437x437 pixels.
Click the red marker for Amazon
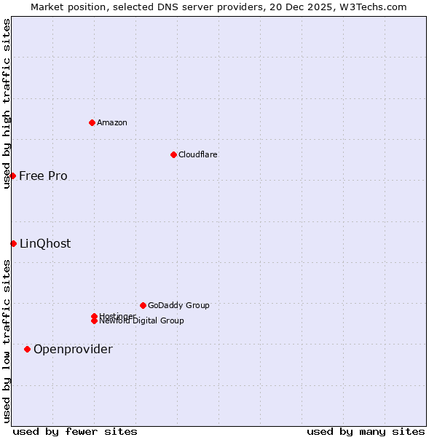[92, 122]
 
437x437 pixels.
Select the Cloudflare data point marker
[173, 154]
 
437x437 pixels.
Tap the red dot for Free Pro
[12, 176]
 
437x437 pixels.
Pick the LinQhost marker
[13, 243]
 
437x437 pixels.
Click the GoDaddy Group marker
[143, 305]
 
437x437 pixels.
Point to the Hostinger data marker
[94, 316]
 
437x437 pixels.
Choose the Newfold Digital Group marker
[94, 321]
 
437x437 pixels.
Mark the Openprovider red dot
[27, 349]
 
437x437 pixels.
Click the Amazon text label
[111, 122]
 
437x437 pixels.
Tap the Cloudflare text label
[197, 154]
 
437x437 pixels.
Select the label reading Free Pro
[43, 176]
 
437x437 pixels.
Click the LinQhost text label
[45, 243]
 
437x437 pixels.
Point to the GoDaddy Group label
[178, 305]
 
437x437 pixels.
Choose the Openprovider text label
[73, 349]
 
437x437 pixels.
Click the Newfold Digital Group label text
[142, 321]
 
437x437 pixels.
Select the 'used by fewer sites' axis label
[75, 431]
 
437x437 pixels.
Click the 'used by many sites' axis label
[366, 431]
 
